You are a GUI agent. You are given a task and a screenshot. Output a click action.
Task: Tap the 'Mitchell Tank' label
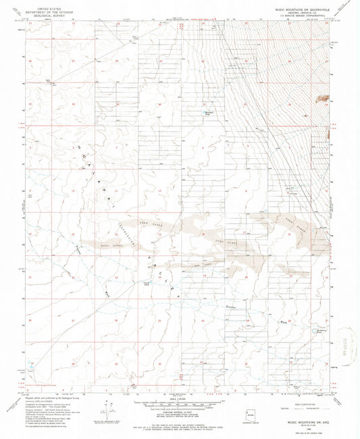[209, 113]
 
